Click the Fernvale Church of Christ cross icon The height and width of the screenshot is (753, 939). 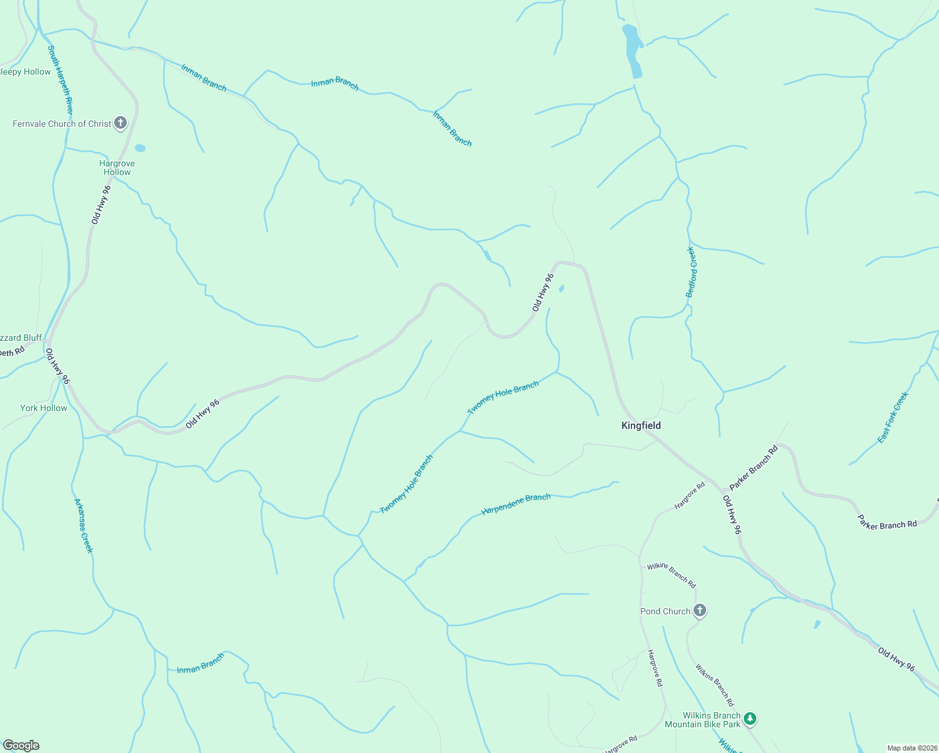pos(121,123)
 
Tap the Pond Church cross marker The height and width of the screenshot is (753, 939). pos(700,611)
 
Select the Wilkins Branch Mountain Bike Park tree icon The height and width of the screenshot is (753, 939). pos(750,718)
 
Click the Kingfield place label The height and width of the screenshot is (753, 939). pos(641,425)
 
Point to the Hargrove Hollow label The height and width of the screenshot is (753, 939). pos(117,168)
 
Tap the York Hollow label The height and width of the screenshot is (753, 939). pos(43,408)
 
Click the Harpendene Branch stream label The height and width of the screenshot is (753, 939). pos(516,504)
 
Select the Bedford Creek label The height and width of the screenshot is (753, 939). pos(690,272)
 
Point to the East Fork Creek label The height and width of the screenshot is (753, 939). pos(893,417)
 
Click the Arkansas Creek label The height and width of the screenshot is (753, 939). pos(83,526)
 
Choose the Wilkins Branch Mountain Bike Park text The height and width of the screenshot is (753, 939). pos(702,720)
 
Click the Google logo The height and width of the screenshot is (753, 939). pos(21,745)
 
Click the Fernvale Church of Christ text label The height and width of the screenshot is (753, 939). pos(62,124)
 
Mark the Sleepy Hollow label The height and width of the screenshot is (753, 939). pos(25,72)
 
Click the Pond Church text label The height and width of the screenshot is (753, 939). pos(665,611)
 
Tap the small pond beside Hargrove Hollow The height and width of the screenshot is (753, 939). pos(139,148)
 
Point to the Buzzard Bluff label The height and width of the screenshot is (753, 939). pos(21,338)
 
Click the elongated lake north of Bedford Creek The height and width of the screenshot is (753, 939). pos(632,50)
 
